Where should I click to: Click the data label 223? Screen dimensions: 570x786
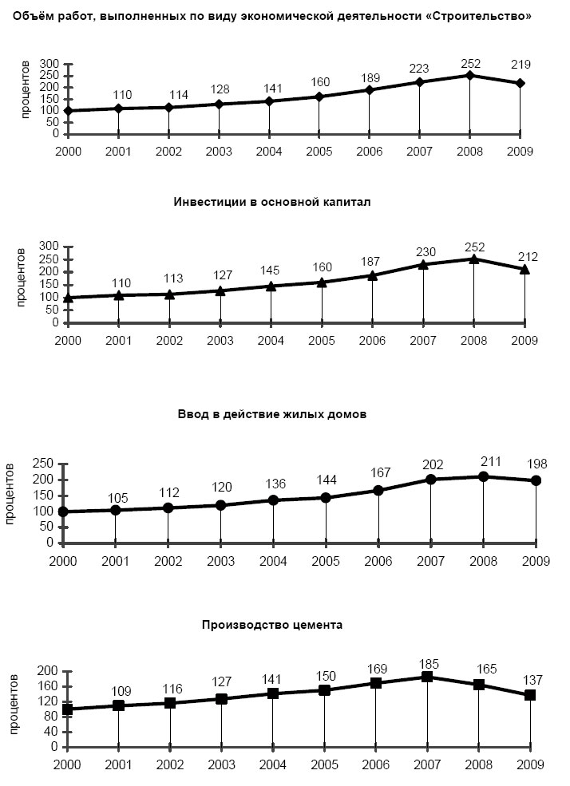419,68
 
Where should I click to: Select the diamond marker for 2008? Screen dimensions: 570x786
469,76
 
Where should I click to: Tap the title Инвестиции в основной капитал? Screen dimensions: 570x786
272,202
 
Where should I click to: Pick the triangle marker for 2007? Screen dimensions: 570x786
423,265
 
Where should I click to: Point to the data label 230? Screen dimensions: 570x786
426,251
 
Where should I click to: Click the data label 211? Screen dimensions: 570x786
490,461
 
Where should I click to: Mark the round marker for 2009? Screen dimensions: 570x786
536,480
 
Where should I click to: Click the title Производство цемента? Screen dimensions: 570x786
272,625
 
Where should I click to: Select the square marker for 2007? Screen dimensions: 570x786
427,677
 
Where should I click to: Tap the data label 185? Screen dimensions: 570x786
429,664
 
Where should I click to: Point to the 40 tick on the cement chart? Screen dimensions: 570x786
52,732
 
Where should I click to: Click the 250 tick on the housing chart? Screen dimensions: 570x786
43,464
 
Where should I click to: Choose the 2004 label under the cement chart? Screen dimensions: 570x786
273,764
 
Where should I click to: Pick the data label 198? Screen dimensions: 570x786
537,464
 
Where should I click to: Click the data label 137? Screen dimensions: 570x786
533,680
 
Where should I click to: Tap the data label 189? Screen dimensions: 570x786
370,77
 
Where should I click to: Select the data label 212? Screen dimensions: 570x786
528,257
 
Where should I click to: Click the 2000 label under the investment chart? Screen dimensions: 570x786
68,341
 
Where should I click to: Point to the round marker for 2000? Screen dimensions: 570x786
63,511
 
